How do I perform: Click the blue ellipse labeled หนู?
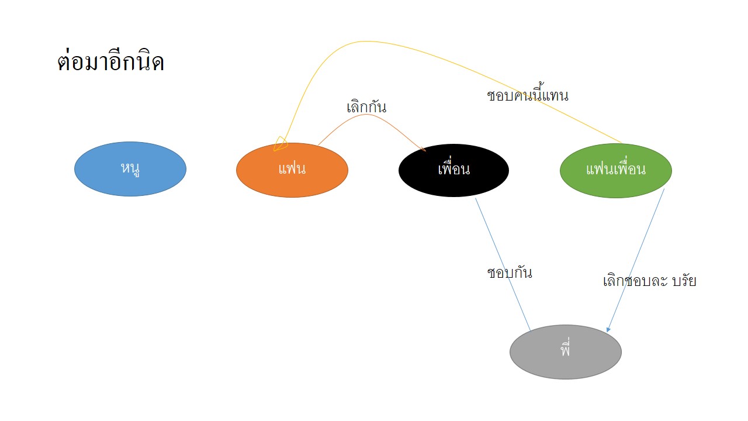(x=130, y=169)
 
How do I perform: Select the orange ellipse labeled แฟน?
(x=292, y=170)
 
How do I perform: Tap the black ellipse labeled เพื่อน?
(x=454, y=170)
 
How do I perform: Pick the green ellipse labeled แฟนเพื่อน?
(x=616, y=171)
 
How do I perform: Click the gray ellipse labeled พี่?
(x=566, y=352)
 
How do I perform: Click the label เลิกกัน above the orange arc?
(x=366, y=107)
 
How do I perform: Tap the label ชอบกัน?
(x=510, y=272)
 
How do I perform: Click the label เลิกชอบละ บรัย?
(x=649, y=281)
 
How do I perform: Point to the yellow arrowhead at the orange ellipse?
(x=280, y=144)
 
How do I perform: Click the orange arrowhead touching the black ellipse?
(x=423, y=149)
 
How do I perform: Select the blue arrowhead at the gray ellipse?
(x=608, y=329)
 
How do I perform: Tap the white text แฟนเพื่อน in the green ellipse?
(x=616, y=170)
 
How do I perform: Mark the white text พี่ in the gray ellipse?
(x=565, y=348)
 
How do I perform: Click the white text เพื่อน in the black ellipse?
(x=454, y=168)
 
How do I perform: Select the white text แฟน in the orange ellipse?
(x=292, y=168)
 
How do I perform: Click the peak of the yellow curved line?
(x=366, y=42)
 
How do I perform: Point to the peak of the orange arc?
(x=366, y=114)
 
